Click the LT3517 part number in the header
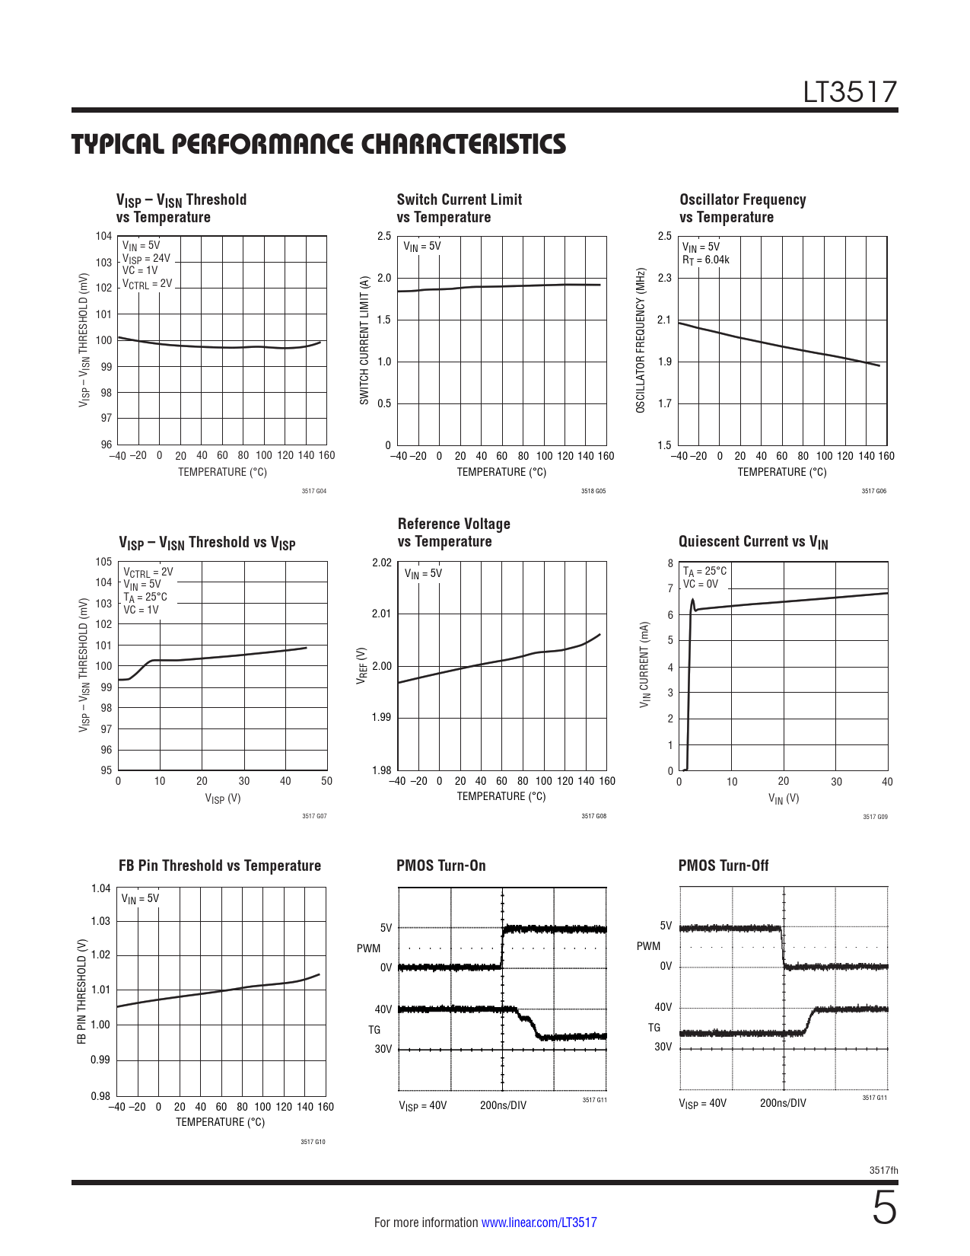coord(850,93)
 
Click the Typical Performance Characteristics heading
coord(318,144)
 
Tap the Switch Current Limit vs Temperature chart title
coord(459,208)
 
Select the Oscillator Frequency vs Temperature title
coord(742,208)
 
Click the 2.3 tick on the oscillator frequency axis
coord(665,278)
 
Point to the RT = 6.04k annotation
coord(705,260)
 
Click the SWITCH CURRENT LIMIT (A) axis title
coord(364,340)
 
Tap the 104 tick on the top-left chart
coord(103,236)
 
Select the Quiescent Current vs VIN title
coord(752,542)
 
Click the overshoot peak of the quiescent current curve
coord(692,600)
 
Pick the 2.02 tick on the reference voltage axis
coord(381,563)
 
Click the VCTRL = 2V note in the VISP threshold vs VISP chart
coord(148,572)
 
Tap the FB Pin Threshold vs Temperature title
coord(219,865)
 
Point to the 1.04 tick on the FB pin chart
coord(100,888)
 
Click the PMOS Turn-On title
coord(440,865)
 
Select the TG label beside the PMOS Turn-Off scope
coord(654,1028)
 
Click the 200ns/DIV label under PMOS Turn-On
coord(502,1105)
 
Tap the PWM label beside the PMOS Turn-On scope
coord(368,948)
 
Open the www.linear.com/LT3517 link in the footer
coord(539,1223)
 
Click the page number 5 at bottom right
coord(883,1209)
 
